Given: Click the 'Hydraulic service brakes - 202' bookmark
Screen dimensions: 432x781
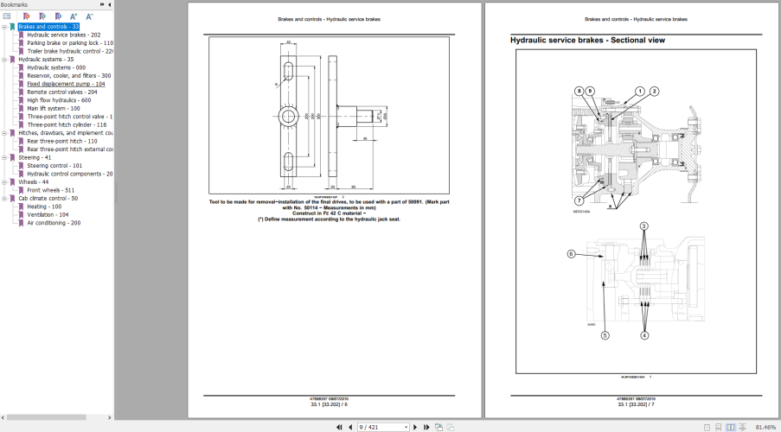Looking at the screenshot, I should [63, 35].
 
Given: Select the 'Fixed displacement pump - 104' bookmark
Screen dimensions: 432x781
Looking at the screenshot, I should [66, 84].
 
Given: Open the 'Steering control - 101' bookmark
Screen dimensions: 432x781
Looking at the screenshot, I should [54, 165].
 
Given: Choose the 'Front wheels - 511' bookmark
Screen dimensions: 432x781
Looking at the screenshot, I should [50, 190].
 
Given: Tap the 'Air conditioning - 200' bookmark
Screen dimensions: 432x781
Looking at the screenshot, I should [54, 223].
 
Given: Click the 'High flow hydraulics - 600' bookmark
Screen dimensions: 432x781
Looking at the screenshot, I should [59, 100].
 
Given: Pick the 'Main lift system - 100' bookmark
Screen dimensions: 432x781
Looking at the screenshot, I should [54, 108].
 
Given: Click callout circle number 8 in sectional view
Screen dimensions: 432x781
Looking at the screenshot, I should [579, 91].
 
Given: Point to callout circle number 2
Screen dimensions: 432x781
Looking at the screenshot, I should [655, 91].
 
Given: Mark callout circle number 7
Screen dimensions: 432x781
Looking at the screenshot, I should [579, 177].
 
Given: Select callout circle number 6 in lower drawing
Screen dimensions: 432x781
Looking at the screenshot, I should [571, 254].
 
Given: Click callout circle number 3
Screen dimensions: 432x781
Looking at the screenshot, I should [644, 226].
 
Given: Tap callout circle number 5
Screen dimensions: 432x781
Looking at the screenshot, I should [605, 335].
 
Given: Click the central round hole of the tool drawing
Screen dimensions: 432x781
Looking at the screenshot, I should [308, 115].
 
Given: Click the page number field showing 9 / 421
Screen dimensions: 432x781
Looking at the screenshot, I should [381, 427].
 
